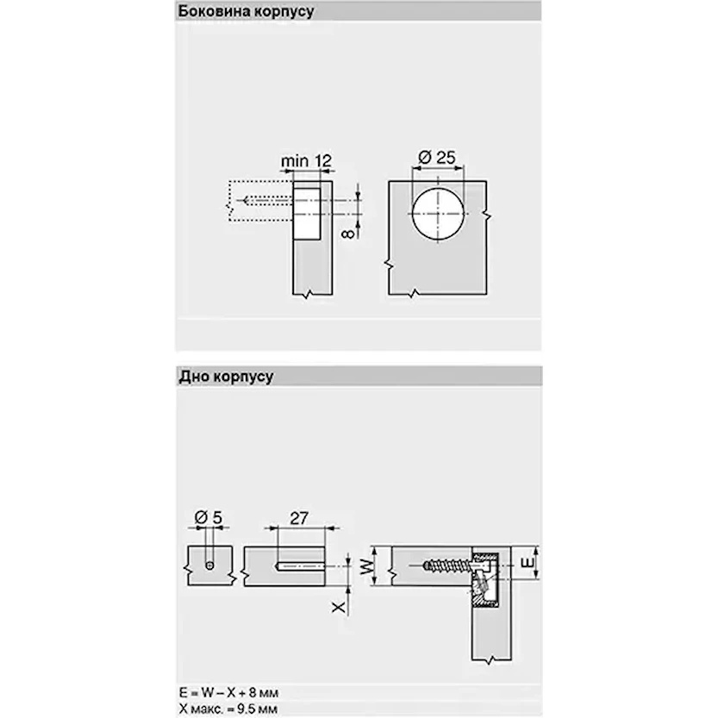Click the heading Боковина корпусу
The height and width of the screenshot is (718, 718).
coord(246,11)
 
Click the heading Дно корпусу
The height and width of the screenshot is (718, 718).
coord(226,377)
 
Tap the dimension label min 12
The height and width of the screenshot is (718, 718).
coord(306,160)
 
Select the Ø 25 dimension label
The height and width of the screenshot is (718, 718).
coord(437,158)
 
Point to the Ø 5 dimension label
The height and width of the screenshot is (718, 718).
coord(209,518)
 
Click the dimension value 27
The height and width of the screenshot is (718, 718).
coord(299,518)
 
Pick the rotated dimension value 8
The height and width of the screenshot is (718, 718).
coord(348,234)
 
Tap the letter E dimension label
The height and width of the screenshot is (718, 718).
coord(528,562)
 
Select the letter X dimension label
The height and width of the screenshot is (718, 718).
coord(339,607)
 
